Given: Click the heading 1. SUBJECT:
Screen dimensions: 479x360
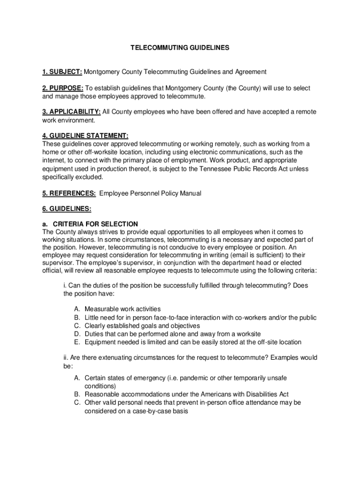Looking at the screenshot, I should [x=62, y=72].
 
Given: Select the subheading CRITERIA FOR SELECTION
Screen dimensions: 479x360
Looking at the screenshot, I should [x=95, y=224].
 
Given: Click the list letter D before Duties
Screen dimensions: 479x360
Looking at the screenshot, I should [x=77, y=334].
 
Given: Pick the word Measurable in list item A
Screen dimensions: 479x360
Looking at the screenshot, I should [x=102, y=309].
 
